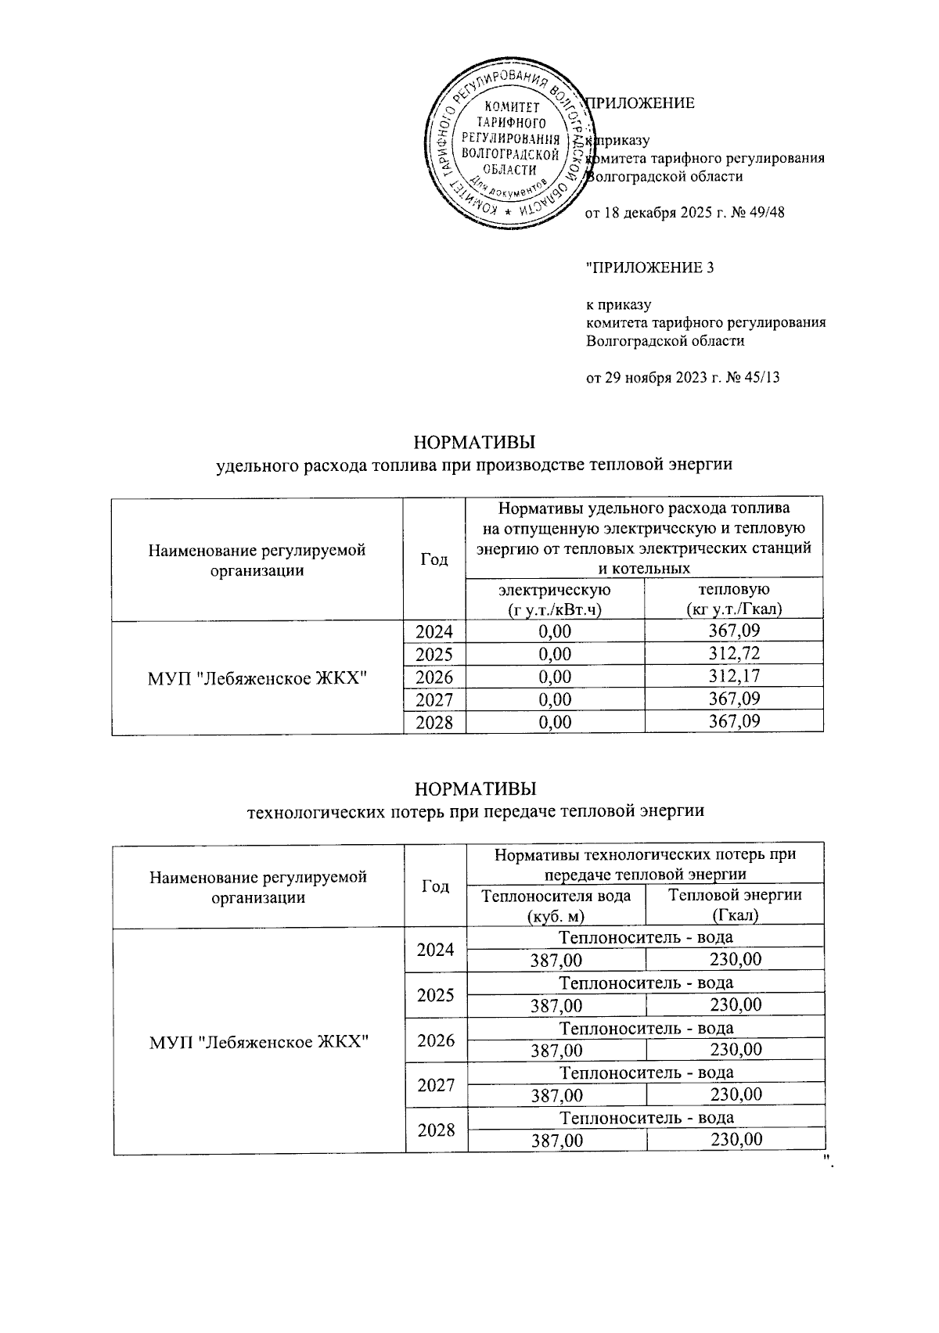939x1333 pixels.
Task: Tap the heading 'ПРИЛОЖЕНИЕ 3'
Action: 650,268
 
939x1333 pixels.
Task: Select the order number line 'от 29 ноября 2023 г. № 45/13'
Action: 683,378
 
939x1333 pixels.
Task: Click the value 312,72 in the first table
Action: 734,653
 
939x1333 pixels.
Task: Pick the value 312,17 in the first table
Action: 734,676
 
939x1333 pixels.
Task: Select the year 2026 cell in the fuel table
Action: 434,677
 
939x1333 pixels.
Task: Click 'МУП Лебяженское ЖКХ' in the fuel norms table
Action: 257,677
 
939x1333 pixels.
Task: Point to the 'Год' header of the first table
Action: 434,559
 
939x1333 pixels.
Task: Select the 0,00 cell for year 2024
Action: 555,631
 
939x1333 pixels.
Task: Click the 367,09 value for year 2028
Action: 734,721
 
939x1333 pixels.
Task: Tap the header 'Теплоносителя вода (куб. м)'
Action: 556,905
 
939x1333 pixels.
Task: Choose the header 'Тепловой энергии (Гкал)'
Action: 735,905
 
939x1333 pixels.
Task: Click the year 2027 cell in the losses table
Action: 436,1086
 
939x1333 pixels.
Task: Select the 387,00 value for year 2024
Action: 556,960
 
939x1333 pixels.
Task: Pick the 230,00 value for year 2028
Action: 736,1140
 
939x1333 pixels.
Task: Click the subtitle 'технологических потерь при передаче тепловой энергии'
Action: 475,810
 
